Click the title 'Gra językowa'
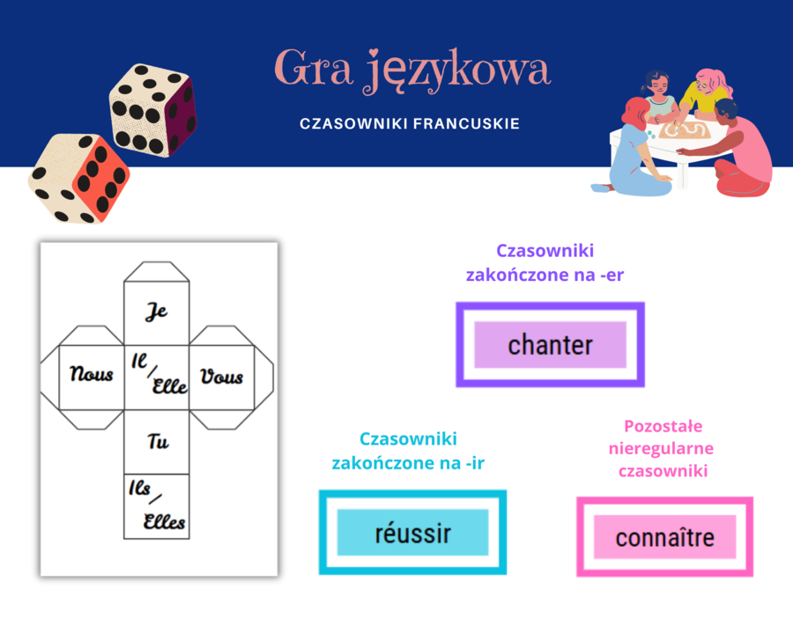(x=412, y=70)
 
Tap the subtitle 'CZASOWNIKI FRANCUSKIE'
(x=410, y=124)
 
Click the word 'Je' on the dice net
(x=156, y=312)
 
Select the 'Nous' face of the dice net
(x=92, y=374)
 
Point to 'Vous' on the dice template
(x=221, y=377)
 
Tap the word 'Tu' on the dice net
(x=158, y=442)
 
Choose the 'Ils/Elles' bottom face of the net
(x=157, y=507)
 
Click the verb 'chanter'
(x=550, y=344)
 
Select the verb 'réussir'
(x=412, y=533)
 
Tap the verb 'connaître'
(x=664, y=537)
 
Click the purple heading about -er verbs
(x=545, y=262)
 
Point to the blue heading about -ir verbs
(x=408, y=451)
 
